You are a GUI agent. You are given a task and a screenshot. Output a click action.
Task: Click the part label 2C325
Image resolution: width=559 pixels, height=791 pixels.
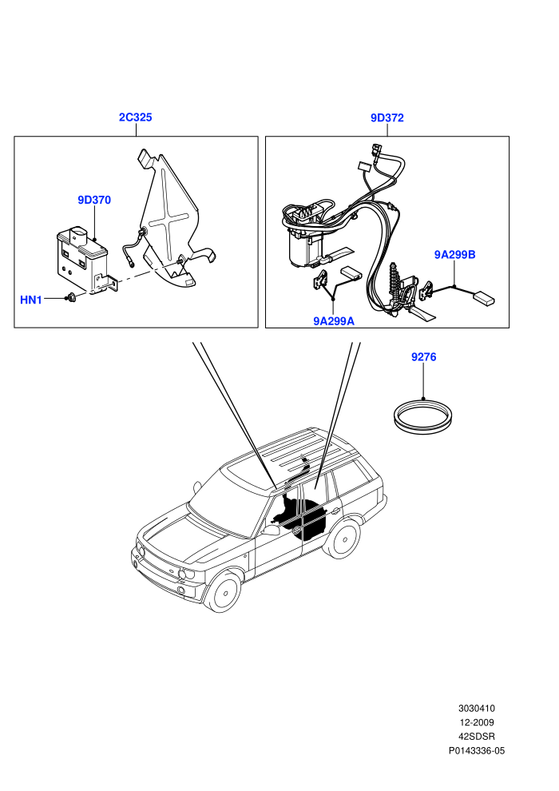(x=135, y=117)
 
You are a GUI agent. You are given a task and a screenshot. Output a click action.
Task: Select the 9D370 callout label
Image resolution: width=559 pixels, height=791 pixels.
(x=94, y=200)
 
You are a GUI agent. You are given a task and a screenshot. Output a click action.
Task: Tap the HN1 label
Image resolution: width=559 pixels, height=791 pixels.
(x=31, y=300)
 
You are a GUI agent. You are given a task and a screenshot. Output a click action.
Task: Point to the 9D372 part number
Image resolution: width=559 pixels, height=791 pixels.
(x=387, y=117)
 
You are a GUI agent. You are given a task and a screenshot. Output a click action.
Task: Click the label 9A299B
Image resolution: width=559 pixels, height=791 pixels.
(x=454, y=254)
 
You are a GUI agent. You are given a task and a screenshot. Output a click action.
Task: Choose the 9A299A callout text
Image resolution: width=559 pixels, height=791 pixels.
(x=334, y=321)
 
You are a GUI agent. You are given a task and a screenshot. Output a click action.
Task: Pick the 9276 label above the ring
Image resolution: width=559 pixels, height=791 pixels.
(x=423, y=356)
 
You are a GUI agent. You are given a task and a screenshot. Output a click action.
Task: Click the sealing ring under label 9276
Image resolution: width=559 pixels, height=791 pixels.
(x=423, y=429)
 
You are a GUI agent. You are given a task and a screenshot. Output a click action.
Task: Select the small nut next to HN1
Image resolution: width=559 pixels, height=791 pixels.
(x=71, y=298)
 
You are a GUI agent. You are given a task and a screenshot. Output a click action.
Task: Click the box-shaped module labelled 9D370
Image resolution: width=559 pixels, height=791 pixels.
(x=82, y=260)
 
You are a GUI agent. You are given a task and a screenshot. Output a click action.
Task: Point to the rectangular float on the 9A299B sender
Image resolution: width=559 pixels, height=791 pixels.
(x=483, y=298)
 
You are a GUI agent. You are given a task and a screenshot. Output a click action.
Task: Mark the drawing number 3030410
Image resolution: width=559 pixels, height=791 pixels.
(x=476, y=708)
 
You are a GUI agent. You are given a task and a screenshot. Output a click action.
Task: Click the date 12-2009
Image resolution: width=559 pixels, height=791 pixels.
(x=476, y=722)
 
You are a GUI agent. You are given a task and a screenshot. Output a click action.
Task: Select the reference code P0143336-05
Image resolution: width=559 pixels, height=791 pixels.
(x=476, y=750)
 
